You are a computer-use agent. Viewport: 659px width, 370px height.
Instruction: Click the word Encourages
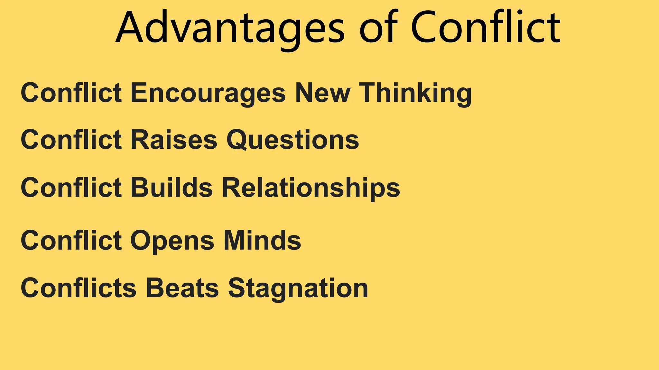coord(208,93)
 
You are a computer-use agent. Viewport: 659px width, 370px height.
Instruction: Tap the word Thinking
coord(415,93)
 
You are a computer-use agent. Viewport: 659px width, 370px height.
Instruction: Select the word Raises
coord(174,140)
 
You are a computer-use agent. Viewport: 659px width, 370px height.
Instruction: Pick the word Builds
coord(172,188)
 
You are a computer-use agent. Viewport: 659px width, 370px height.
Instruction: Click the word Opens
coord(172,241)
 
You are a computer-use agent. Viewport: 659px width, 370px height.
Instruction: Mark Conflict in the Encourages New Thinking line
coord(71,93)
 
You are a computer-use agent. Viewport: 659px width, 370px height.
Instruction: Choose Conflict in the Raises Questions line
coord(71,140)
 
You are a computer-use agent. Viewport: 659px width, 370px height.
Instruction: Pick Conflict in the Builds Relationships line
coord(71,188)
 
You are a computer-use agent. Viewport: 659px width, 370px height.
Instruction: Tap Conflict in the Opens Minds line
coord(71,241)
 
